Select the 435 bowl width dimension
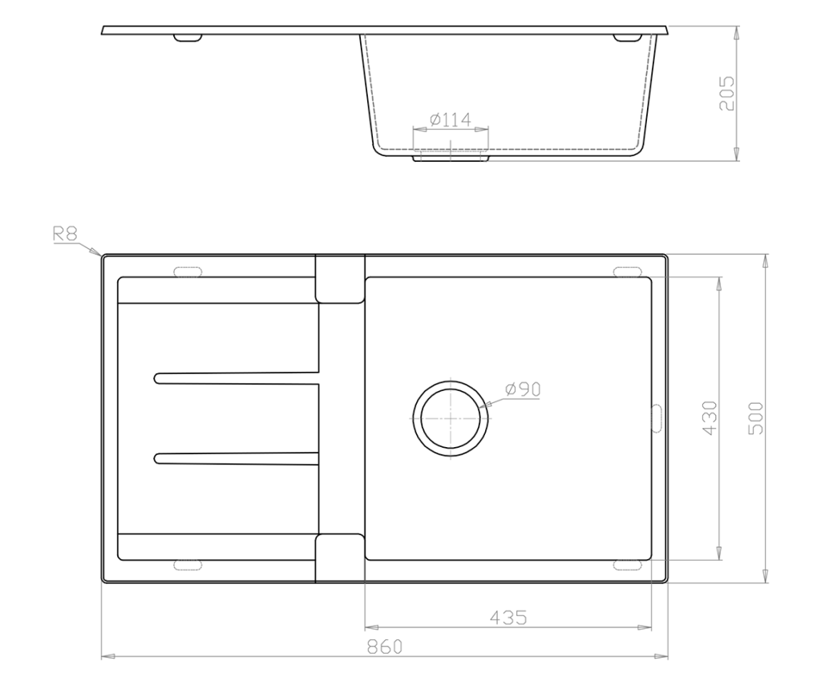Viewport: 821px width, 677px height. pyautogui.click(x=508, y=618)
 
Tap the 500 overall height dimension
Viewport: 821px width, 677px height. pyautogui.click(x=756, y=417)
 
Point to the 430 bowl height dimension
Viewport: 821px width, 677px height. pyautogui.click(x=709, y=417)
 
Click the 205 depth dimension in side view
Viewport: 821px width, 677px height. pyautogui.click(x=726, y=93)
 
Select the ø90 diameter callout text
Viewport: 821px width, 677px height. pyautogui.click(x=524, y=389)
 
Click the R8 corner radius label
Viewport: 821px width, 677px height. pyautogui.click(x=65, y=234)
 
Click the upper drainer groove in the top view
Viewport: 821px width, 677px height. pyautogui.click(x=237, y=377)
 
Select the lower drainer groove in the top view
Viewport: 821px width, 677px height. pyautogui.click(x=237, y=457)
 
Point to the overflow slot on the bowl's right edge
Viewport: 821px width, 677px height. pyautogui.click(x=654, y=417)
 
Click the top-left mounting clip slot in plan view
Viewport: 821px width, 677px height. pyautogui.click(x=188, y=272)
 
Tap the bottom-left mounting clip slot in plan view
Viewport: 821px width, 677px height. pyautogui.click(x=188, y=566)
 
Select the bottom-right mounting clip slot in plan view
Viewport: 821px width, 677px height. pyautogui.click(x=628, y=566)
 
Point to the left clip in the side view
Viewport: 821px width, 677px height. pyautogui.click(x=188, y=38)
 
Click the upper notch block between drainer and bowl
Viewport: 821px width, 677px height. pyautogui.click(x=340, y=279)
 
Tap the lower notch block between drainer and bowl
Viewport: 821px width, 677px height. pyautogui.click(x=340, y=558)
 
